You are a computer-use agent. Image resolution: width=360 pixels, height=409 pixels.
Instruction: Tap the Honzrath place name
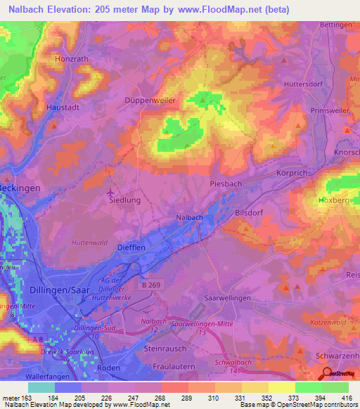[x=73, y=60]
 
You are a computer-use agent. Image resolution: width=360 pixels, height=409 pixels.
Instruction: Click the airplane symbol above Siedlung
[x=110, y=192]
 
